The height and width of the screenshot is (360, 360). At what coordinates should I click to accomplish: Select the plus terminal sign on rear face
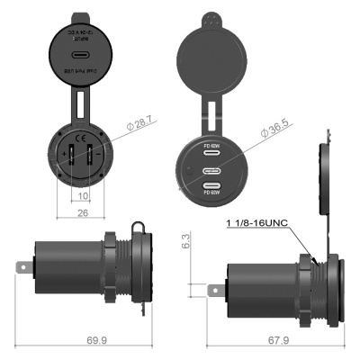tap(61, 153)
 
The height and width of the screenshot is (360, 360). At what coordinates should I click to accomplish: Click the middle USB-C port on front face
tap(212, 170)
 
